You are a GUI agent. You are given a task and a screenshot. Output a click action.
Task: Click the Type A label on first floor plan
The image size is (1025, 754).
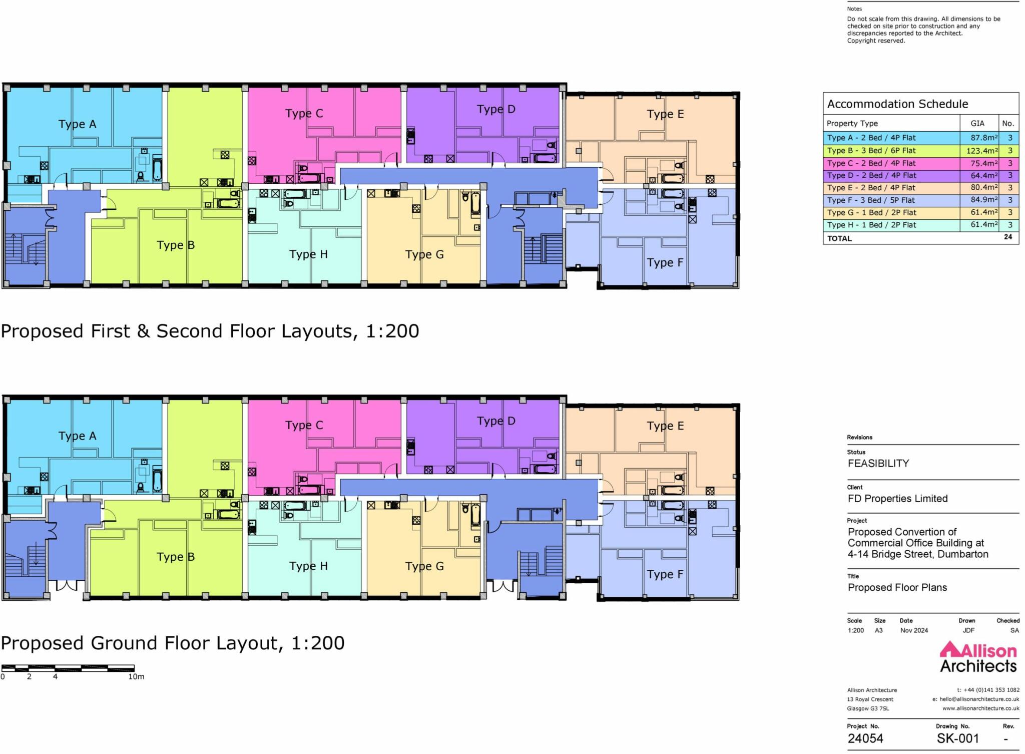tap(77, 124)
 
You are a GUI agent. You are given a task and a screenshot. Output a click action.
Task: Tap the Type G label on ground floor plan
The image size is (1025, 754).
tap(424, 566)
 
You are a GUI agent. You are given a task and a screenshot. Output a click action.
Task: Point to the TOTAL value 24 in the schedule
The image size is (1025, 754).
tap(1008, 237)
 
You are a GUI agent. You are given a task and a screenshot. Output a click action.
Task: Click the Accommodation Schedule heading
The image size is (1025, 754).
tap(897, 104)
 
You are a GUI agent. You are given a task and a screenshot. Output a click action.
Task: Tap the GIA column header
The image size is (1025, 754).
tap(977, 124)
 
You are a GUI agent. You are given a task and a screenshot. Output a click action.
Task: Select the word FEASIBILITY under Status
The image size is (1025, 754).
tap(878, 464)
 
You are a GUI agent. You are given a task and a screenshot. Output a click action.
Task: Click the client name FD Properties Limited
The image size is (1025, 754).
tap(897, 499)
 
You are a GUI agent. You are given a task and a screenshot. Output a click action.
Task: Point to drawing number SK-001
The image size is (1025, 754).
tap(957, 738)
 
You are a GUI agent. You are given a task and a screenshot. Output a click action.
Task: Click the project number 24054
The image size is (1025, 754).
tap(865, 738)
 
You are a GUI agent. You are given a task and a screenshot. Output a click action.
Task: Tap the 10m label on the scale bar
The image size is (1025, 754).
tap(136, 677)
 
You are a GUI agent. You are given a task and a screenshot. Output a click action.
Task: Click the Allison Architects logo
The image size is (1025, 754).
tap(978, 658)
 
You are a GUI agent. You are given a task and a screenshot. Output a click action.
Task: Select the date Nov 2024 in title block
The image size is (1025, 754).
tap(914, 630)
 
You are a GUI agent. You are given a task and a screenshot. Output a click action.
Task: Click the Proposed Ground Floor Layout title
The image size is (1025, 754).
tap(173, 643)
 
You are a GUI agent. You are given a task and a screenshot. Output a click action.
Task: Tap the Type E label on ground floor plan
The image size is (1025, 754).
tap(665, 426)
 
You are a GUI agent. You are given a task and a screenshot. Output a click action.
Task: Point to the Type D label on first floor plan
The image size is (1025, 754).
tap(496, 109)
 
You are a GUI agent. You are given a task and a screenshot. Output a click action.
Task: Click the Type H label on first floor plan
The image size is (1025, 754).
tap(308, 254)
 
